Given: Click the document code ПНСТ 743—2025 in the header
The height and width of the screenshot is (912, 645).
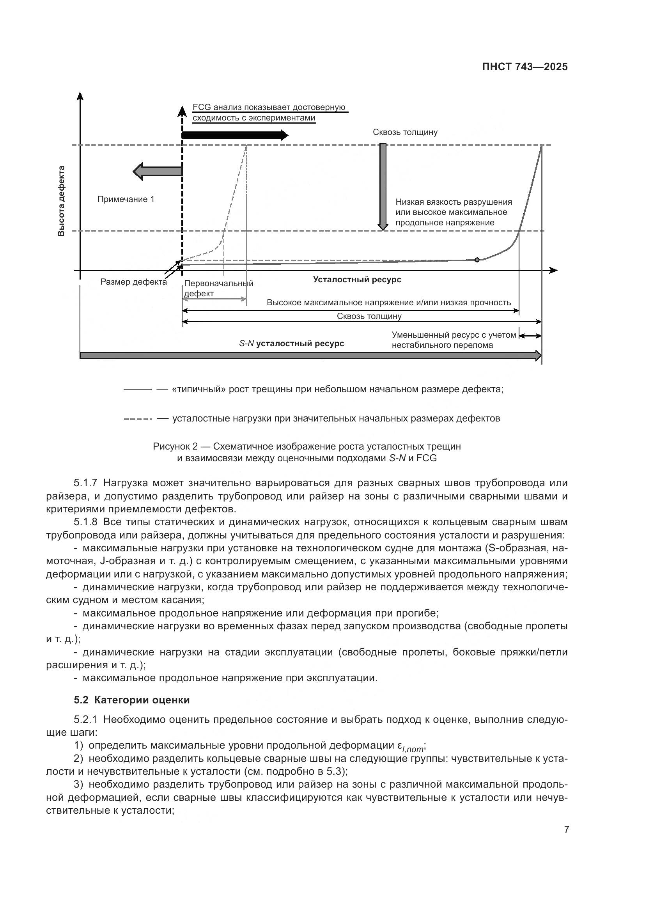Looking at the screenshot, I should point(525,67).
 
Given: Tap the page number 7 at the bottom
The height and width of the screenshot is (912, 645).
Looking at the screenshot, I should point(567,829).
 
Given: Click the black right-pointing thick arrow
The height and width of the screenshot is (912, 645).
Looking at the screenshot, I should point(234,135).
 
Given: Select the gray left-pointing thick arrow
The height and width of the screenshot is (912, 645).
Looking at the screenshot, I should point(157,171).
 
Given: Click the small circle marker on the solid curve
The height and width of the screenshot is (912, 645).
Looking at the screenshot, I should point(477,260).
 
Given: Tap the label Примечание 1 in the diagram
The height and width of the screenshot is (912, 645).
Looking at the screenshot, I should point(126,199).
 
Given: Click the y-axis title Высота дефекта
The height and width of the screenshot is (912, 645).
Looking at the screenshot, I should point(61,201).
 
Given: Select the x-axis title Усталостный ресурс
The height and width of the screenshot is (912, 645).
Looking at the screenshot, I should point(357,279).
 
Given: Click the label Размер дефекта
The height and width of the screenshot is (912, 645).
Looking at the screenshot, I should point(133,282).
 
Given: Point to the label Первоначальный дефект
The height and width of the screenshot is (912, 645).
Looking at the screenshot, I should point(218,289).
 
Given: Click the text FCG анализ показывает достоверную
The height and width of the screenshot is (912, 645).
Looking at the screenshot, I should point(269,107).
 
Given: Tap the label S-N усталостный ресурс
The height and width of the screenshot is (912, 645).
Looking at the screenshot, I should point(292,343).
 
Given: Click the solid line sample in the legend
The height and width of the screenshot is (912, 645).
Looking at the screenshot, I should point(137,390).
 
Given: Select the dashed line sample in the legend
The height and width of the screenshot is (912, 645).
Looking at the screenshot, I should point(137,419).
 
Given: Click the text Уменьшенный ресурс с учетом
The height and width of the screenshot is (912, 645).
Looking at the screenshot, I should point(454,335).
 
